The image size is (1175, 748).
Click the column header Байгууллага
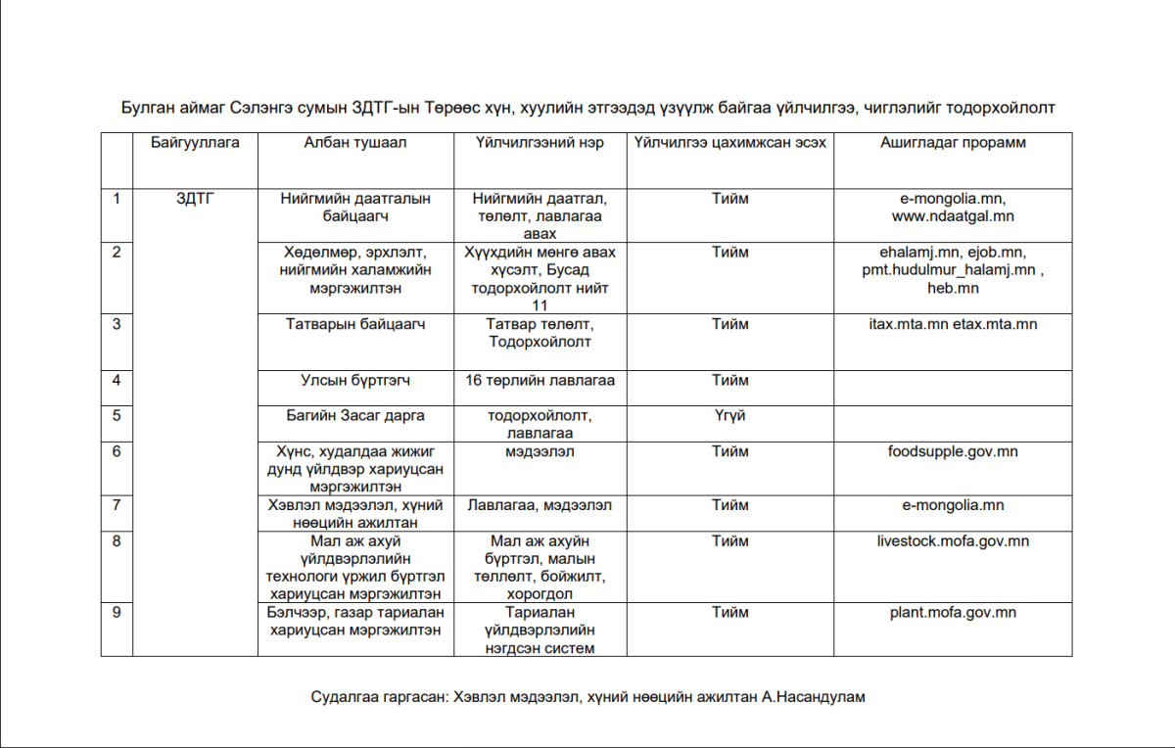click(196, 143)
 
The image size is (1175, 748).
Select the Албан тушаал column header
click(354, 143)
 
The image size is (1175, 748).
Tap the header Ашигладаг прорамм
click(953, 143)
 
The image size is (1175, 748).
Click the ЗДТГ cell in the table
click(196, 199)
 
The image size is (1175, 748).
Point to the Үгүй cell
click(729, 415)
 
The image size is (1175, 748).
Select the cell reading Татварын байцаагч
click(354, 324)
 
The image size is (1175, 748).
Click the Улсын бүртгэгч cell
click(354, 380)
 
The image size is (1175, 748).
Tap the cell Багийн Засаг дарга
click(354, 415)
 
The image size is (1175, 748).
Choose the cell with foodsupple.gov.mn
click(953, 451)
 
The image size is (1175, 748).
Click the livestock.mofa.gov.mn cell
click(953, 540)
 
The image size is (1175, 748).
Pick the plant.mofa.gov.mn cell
click(953, 613)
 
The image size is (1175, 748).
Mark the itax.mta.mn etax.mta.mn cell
click(953, 324)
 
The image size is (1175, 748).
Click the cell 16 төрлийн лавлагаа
click(540, 380)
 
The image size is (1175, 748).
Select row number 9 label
click(117, 613)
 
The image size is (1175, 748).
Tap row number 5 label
click(117, 415)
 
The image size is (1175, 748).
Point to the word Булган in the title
click(148, 107)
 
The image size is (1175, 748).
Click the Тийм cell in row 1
click(729, 199)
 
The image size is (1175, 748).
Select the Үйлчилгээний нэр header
click(540, 143)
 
